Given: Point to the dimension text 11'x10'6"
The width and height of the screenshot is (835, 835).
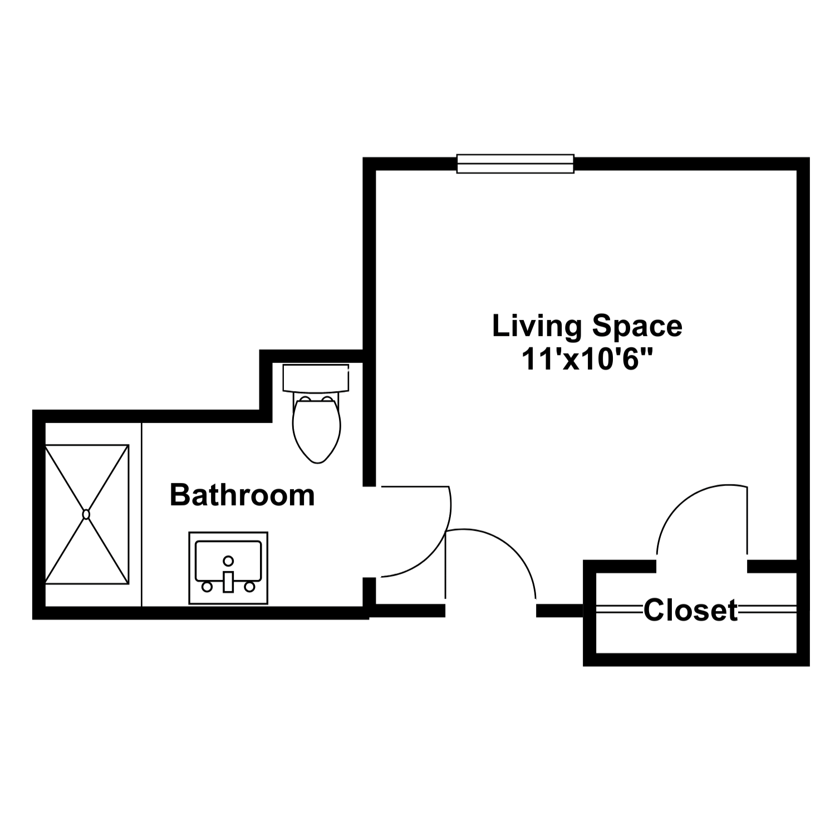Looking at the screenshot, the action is click(x=587, y=359).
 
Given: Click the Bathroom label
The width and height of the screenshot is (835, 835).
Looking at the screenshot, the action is click(x=242, y=495).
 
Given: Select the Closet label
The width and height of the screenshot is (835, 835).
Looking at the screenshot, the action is click(x=691, y=610).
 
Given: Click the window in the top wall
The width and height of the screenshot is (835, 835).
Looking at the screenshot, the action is click(x=515, y=164).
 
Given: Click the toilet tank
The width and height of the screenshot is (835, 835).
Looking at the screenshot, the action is click(x=316, y=379).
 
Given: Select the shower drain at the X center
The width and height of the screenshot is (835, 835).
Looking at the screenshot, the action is click(x=86, y=514).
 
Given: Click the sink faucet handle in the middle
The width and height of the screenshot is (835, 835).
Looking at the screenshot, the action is click(x=228, y=582).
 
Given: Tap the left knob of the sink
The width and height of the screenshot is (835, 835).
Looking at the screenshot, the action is click(x=207, y=587).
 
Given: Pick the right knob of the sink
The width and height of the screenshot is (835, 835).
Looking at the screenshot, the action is click(x=249, y=587).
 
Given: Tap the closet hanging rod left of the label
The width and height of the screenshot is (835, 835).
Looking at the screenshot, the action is click(x=620, y=610).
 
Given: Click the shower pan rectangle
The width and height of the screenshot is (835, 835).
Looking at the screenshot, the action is click(x=87, y=514).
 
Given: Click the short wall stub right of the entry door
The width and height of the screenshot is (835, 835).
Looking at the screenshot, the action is click(x=559, y=611).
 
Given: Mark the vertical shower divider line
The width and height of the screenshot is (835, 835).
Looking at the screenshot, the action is click(x=142, y=514).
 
